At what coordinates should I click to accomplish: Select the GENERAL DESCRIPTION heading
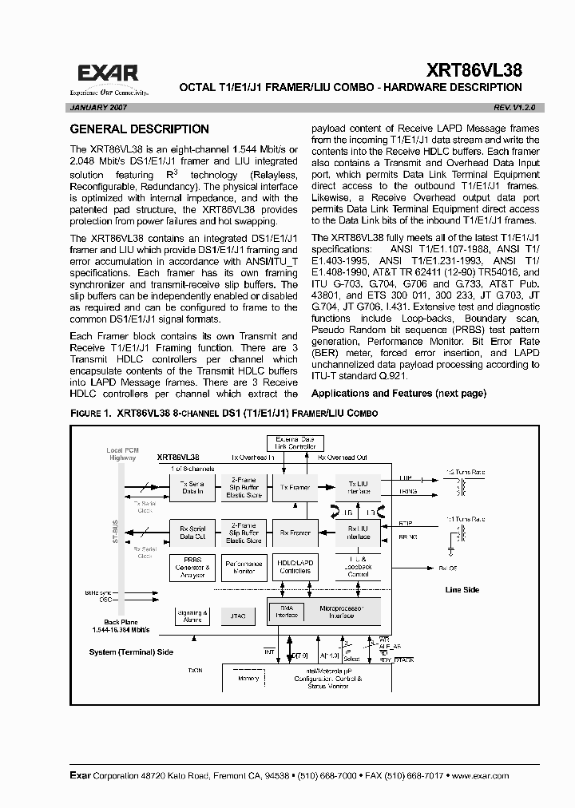coord(140,129)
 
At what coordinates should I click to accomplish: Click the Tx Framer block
coord(294,485)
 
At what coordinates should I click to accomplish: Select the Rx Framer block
coord(294,533)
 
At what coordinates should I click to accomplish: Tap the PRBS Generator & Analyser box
coord(192,567)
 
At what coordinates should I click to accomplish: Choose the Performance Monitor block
coord(242,567)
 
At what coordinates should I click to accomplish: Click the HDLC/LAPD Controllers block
coord(294,567)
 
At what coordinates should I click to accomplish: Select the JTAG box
coord(236,616)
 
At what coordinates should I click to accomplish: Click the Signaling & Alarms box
coord(192,616)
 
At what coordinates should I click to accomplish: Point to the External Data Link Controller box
coord(295,443)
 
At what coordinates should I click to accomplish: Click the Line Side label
coord(462,590)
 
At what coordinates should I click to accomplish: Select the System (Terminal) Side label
coord(131,652)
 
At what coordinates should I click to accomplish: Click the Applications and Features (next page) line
coord(399,394)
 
